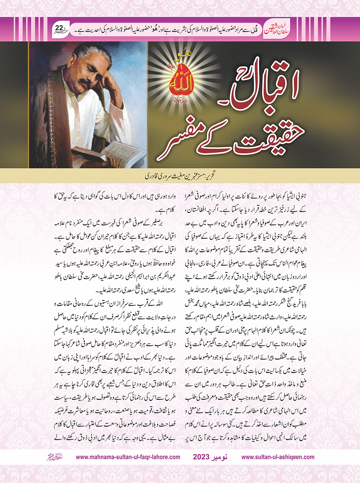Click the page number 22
click(x=59, y=28)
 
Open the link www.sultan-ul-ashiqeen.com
click(x=278, y=457)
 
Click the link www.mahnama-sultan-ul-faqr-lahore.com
click(x=128, y=457)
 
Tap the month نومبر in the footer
click(x=220, y=457)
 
